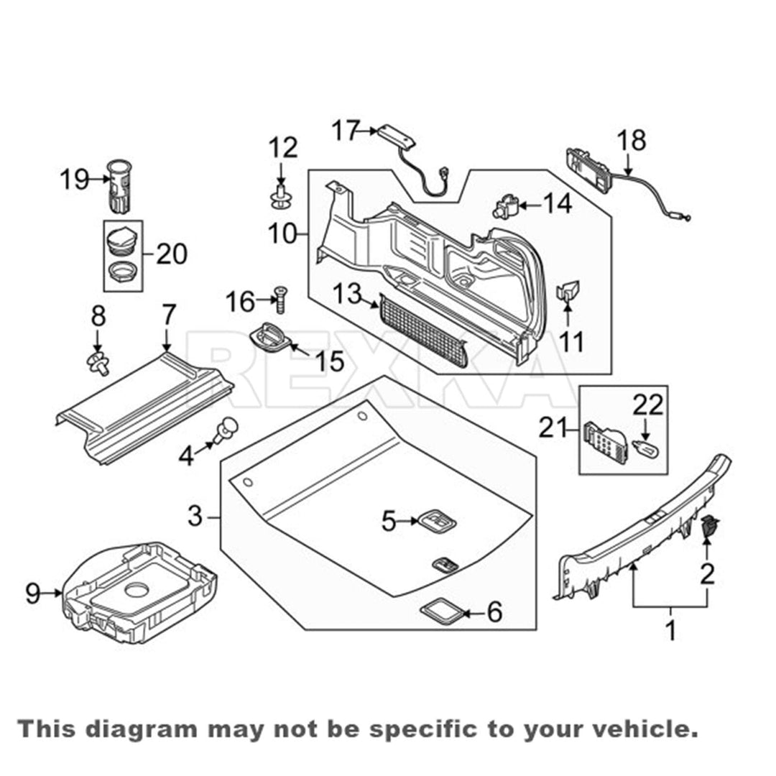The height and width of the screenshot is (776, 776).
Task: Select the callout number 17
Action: coord(344,131)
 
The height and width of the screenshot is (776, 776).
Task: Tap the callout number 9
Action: coord(33,593)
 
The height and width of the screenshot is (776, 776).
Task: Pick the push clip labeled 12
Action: coord(281,195)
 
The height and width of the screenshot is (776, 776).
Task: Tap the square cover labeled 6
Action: coord(441,611)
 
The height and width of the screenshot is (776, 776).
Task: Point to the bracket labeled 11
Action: coord(568,290)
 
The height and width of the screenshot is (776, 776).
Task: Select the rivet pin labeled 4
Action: coord(225,431)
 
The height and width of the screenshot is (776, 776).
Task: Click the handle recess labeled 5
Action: coord(438,520)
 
